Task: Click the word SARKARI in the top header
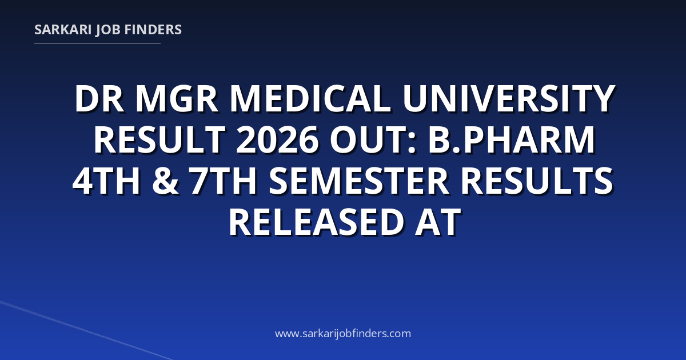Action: (63, 30)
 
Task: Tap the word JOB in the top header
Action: (108, 30)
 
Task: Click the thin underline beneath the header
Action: (97, 43)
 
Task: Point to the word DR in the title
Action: (99, 99)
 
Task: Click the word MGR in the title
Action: (177, 99)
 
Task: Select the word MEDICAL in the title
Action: (310, 99)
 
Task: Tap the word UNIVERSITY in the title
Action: (509, 99)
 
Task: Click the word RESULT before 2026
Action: (159, 139)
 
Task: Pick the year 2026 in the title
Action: (277, 139)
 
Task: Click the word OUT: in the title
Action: (373, 139)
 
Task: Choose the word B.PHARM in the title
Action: (512, 139)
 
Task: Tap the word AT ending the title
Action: (437, 222)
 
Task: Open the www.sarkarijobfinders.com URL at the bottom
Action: (343, 333)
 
